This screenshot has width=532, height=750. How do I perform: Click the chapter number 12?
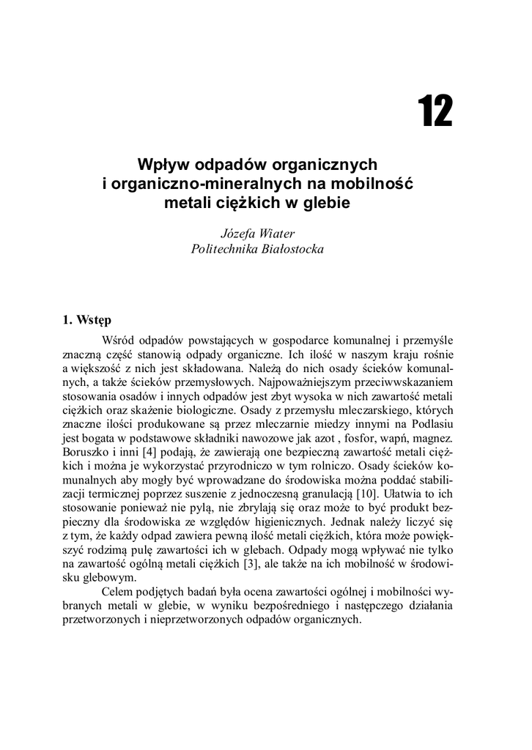pyautogui.click(x=435, y=112)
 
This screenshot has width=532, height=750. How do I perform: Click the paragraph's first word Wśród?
pyautogui.click(x=119, y=341)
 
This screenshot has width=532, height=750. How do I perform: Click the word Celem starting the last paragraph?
pyautogui.click(x=119, y=591)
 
